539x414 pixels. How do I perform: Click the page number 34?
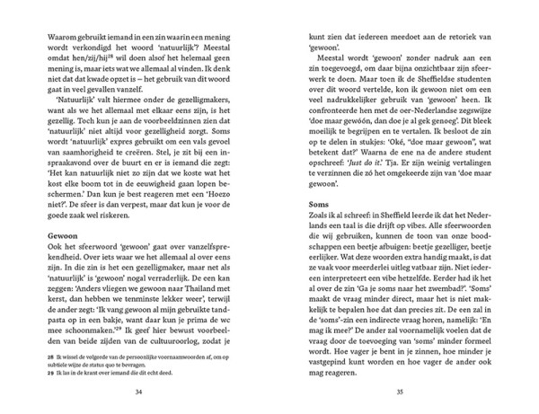[x=137, y=390]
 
